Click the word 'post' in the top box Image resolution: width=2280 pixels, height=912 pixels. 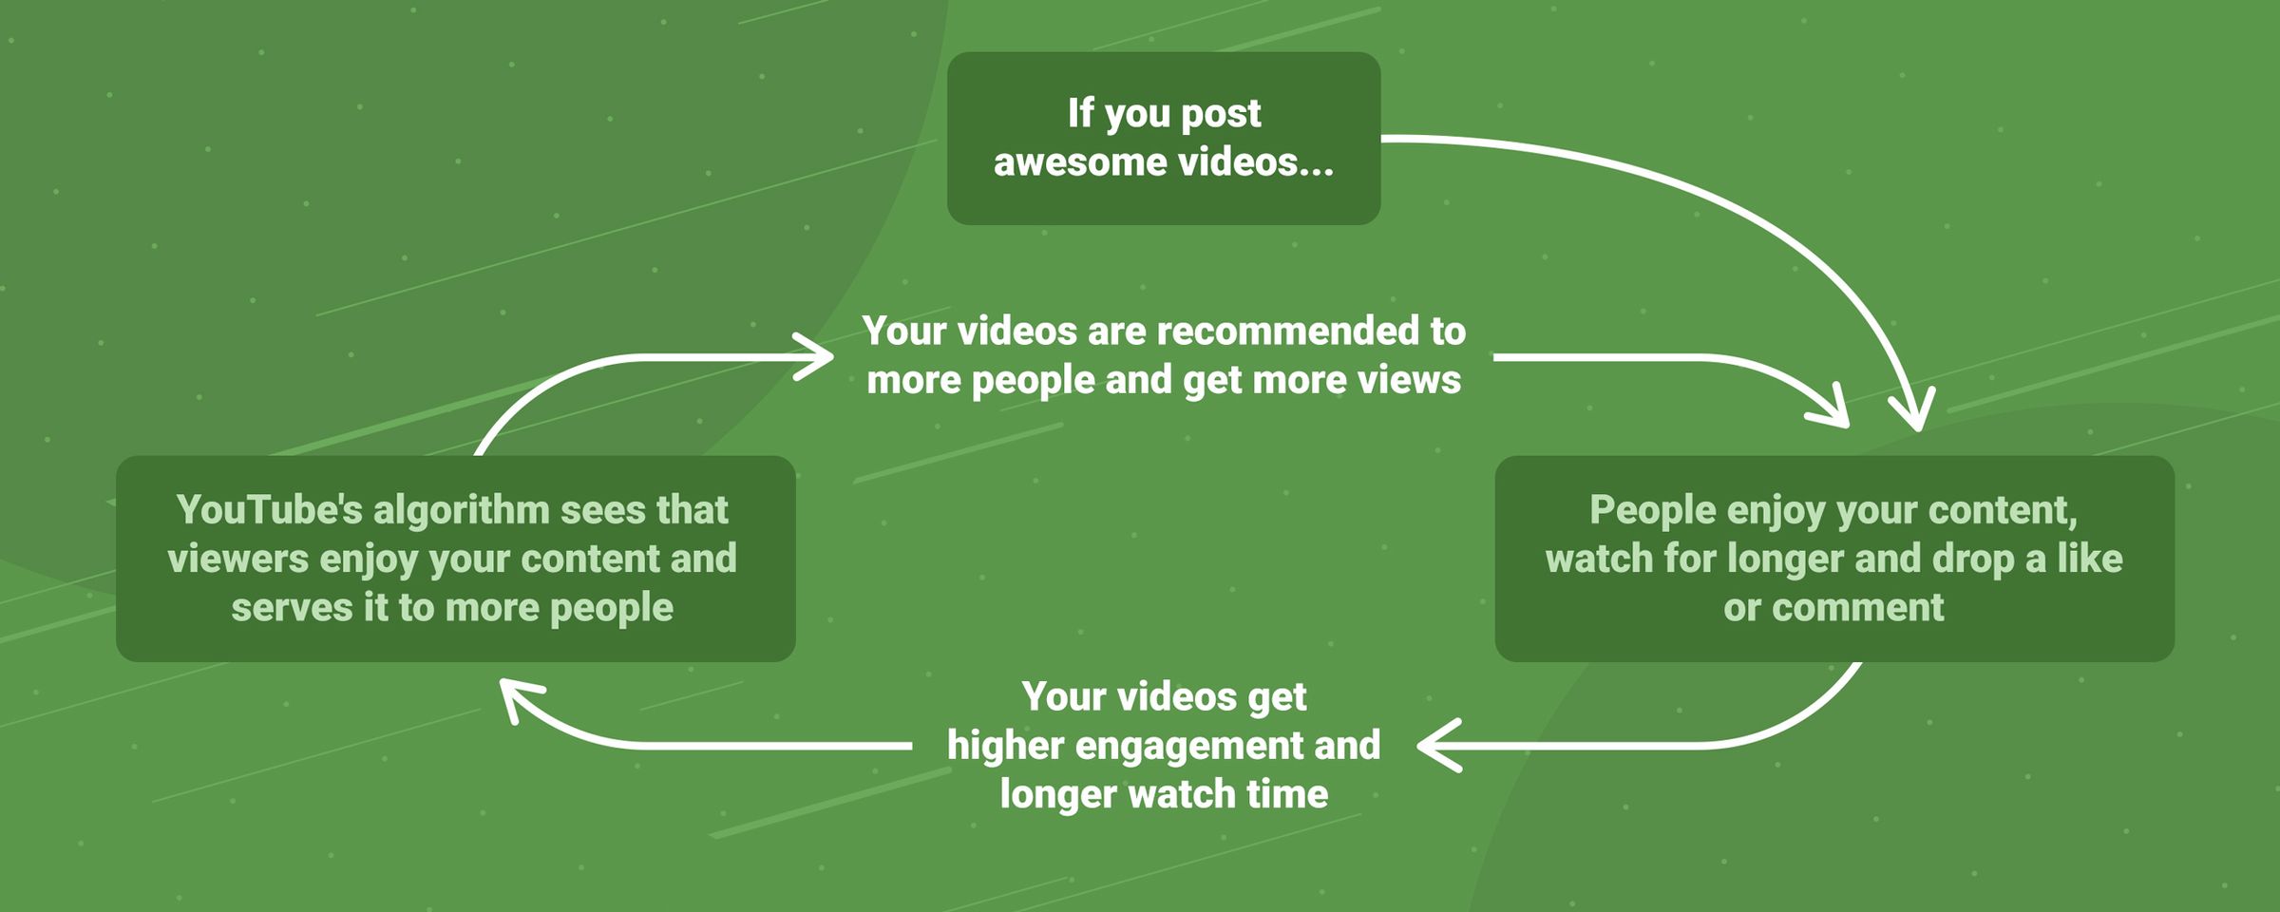click(1220, 114)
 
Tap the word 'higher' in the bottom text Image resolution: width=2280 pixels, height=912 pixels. click(1005, 746)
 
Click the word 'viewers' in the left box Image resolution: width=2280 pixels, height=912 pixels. click(237, 560)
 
